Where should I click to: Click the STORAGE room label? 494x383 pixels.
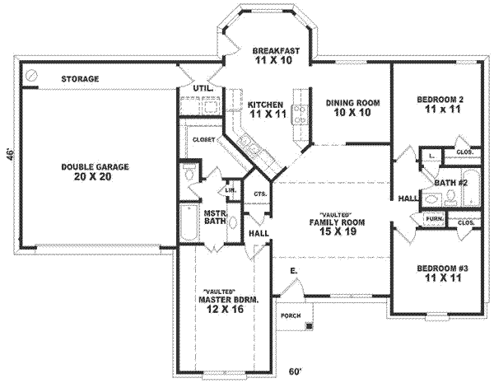pyautogui.click(x=80, y=79)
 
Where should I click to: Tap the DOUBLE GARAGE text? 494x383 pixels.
pyautogui.click(x=96, y=166)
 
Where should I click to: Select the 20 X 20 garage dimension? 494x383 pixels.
pyautogui.click(x=92, y=177)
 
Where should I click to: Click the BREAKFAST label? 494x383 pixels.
pyautogui.click(x=276, y=50)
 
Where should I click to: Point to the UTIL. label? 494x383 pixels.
pyautogui.click(x=203, y=88)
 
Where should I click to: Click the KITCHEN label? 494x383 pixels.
pyautogui.click(x=265, y=105)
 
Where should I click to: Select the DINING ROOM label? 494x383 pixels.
pyautogui.click(x=353, y=103)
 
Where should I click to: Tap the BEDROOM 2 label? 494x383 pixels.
pyautogui.click(x=440, y=100)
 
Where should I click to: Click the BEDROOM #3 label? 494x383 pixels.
pyautogui.click(x=442, y=269)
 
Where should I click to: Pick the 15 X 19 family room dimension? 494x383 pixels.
pyautogui.click(x=338, y=231)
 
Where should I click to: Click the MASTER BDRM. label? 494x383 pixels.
pyautogui.click(x=228, y=300)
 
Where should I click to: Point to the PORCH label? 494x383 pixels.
pyautogui.click(x=291, y=315)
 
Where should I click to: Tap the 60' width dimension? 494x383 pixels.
pyautogui.click(x=296, y=372)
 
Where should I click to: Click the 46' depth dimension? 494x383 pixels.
pyautogui.click(x=11, y=155)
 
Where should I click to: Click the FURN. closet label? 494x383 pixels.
pyautogui.click(x=435, y=218)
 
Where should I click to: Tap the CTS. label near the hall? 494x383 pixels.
pyautogui.click(x=260, y=194)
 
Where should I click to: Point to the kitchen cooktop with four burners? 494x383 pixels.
pyautogui.click(x=301, y=114)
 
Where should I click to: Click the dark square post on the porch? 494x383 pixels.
pyautogui.click(x=310, y=326)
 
